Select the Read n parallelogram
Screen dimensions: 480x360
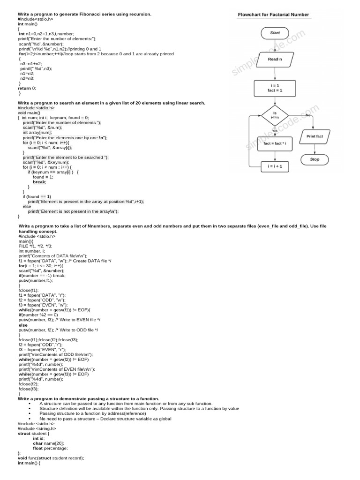tap(275, 60)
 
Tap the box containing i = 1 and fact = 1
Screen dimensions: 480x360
tap(275, 88)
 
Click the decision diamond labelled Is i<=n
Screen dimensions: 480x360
tap(275, 115)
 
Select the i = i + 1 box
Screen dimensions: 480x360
tap(275, 166)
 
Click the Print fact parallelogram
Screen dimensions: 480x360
tap(315, 136)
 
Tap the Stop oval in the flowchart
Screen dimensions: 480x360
tap(315, 159)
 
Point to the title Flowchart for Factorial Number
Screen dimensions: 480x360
tap(273, 15)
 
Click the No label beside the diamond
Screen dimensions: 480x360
tap(308, 114)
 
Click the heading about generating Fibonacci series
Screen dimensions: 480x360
tap(84, 14)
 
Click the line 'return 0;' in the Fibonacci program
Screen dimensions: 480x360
tap(27, 88)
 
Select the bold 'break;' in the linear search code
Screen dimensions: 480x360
tap(39, 182)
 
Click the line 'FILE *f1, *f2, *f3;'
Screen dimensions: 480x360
tap(36, 246)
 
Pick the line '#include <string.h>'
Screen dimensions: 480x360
tap(37, 428)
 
